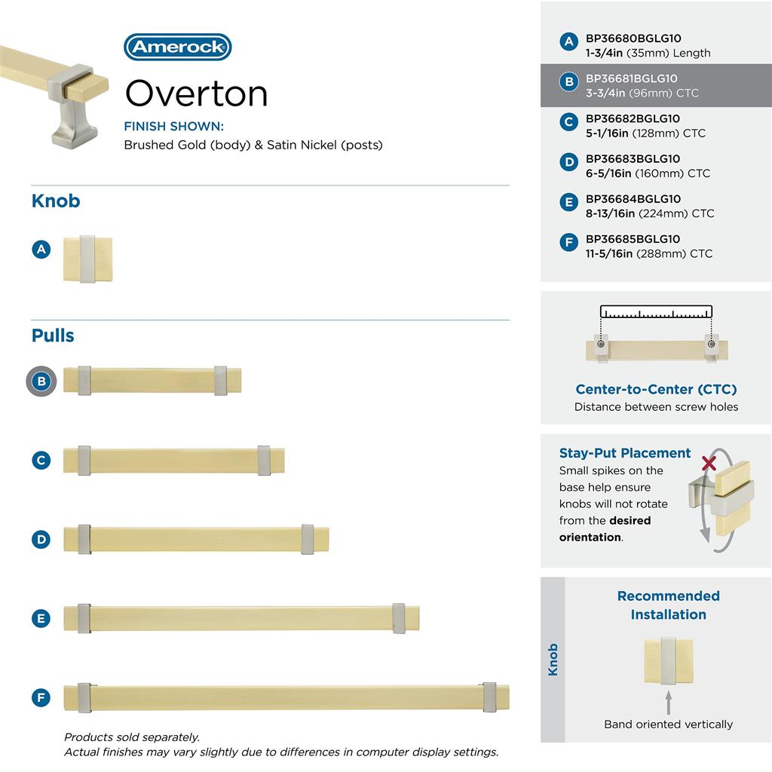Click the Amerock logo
tap(177, 47)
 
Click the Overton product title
tap(196, 93)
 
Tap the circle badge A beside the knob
tap(41, 248)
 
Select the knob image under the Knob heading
tap(87, 259)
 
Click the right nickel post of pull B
tap(220, 381)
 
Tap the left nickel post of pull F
tap(84, 697)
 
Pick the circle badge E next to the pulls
tap(41, 619)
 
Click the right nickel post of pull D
tap(307, 539)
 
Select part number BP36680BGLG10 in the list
tap(633, 38)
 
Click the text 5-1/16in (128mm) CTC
tap(645, 133)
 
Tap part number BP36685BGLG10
tap(633, 239)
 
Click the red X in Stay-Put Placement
tap(709, 463)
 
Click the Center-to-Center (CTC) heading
tap(656, 389)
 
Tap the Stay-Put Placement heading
tap(625, 453)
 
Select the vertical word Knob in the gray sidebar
tap(553, 659)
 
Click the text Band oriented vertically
tap(668, 724)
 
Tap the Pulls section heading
tap(53, 335)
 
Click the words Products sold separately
tap(132, 737)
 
